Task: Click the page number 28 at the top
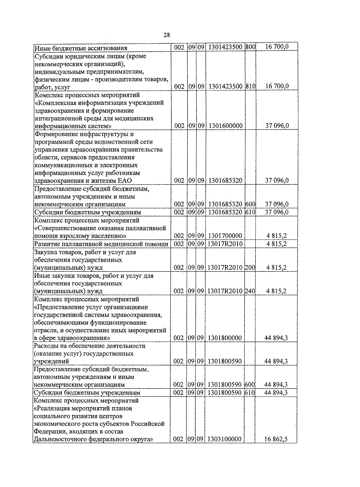[x=167, y=35]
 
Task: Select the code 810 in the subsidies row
[x=250, y=86]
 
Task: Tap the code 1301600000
[x=225, y=126]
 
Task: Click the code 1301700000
[x=225, y=236]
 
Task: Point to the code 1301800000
[x=225, y=338]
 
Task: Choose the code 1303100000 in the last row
[x=225, y=439]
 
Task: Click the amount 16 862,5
[x=276, y=439]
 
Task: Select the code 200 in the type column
[x=250, y=268]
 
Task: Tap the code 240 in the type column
[x=250, y=291]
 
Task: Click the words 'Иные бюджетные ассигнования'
[x=81, y=48]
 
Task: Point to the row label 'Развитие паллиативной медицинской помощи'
[x=101, y=244]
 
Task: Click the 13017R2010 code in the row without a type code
[x=225, y=244]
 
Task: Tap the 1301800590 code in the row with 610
[x=225, y=392]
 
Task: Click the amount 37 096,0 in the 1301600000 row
[x=277, y=126]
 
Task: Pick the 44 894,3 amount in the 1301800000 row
[x=276, y=338]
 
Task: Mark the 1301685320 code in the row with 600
[x=225, y=204]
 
